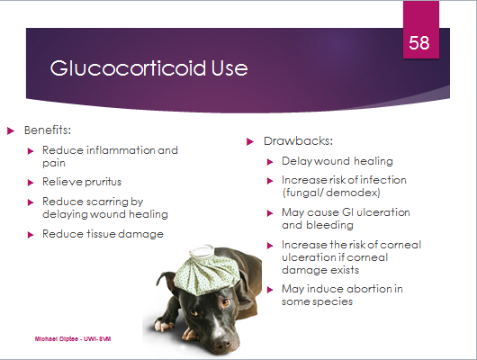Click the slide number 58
click(x=419, y=42)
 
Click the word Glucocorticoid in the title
click(x=128, y=67)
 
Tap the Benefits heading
click(x=48, y=130)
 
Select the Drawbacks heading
click(x=299, y=141)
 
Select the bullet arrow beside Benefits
click(x=11, y=131)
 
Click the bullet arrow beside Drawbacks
click(x=250, y=141)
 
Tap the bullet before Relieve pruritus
click(x=31, y=183)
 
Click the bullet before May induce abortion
click(x=270, y=290)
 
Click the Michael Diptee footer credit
click(x=73, y=339)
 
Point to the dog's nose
click(x=222, y=343)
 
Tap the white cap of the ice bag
click(x=202, y=251)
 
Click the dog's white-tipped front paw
click(x=162, y=325)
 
